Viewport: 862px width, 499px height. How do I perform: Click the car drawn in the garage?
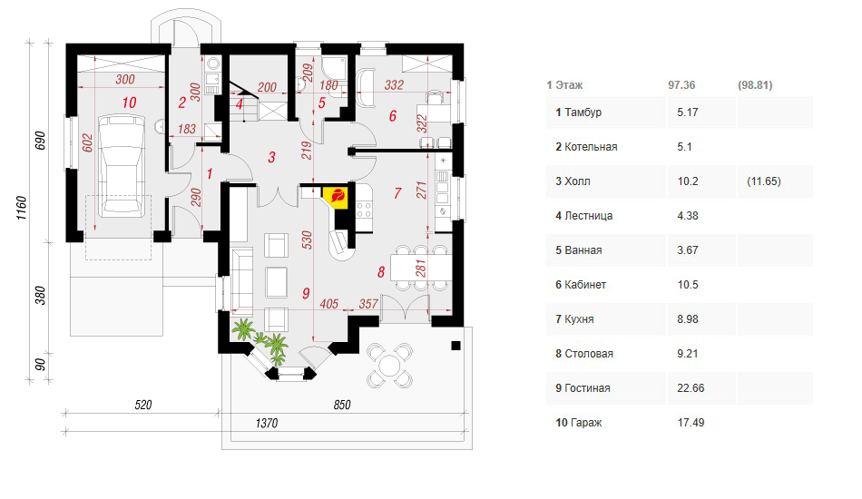coord(122,164)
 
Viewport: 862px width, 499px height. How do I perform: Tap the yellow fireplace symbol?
coord(336,196)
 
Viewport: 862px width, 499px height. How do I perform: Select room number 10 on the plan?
coord(129,103)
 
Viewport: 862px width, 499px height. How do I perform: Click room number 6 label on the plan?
coord(393,116)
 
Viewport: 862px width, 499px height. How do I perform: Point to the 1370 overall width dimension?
coord(267,423)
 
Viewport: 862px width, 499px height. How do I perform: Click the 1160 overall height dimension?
coord(22,209)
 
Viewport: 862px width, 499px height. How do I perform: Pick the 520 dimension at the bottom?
coord(143,405)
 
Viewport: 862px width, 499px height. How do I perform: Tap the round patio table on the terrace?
coord(389,365)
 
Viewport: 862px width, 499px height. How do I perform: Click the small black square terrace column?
coord(455,345)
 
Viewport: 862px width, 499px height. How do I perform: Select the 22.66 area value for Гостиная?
coord(691,388)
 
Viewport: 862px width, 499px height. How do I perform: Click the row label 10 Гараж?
coord(578,423)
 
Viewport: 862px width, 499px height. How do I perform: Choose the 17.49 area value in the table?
coord(691,423)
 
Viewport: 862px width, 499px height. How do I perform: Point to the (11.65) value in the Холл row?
coord(764,181)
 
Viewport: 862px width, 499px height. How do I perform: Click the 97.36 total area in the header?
coord(681,85)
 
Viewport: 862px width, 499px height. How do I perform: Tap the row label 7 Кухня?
coord(574,319)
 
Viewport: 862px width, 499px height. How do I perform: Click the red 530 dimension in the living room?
coord(308,240)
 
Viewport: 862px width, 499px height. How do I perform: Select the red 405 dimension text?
coord(328,304)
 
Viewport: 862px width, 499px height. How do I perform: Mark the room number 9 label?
coord(306,293)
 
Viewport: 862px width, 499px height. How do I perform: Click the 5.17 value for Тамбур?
coord(687,113)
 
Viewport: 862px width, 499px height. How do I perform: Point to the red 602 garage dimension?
coord(88,142)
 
